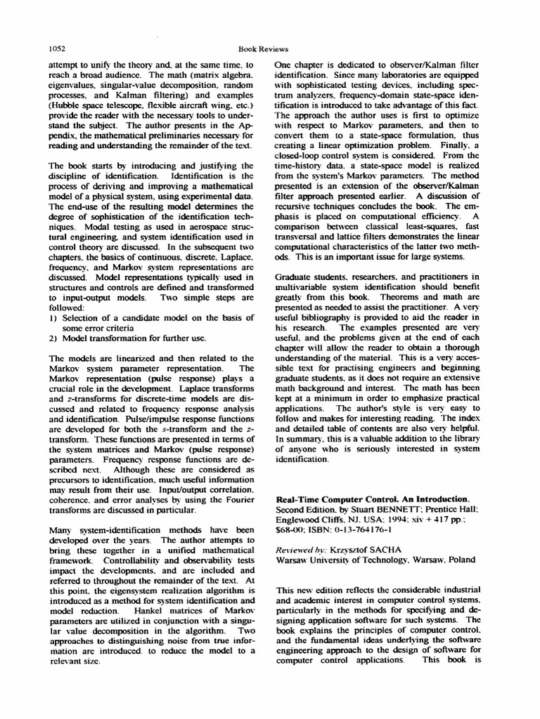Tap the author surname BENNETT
click(385, 508)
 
